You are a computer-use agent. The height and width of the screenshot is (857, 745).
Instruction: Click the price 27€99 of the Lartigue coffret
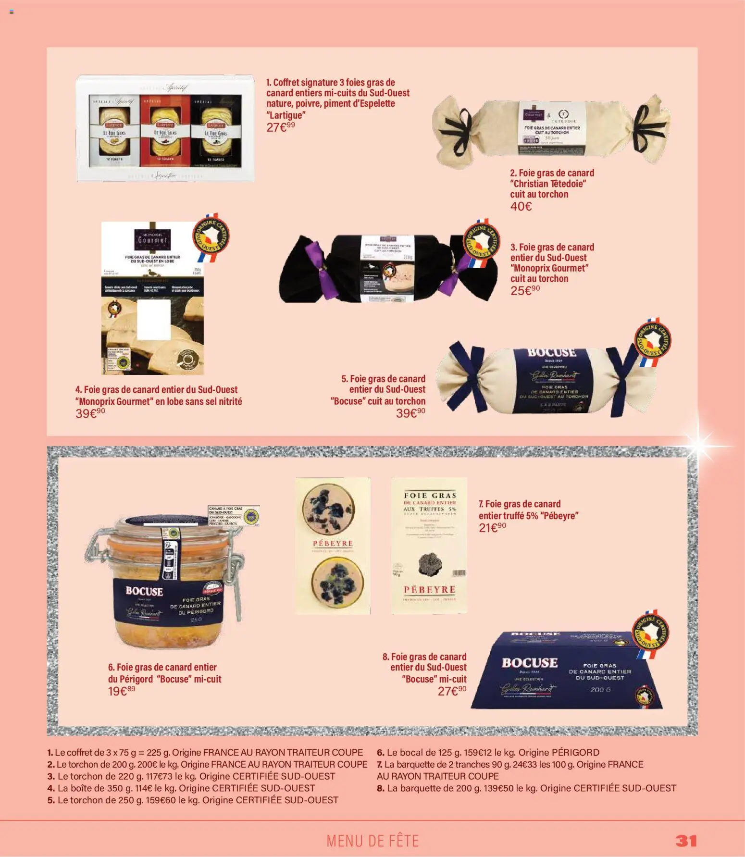pos(281,127)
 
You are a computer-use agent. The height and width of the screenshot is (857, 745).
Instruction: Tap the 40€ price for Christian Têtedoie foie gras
pos(521,207)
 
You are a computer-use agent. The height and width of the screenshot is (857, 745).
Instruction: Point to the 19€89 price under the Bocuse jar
pos(122,691)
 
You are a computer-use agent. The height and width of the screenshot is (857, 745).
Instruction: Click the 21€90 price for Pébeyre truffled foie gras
pos(492,528)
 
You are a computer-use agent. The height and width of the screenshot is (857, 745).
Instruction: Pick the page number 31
pos(686,841)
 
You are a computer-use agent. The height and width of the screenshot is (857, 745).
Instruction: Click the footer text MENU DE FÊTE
pos(372,841)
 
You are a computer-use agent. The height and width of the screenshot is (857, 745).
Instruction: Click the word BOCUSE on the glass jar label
pos(144,591)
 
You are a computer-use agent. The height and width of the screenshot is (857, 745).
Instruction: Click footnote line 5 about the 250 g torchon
pos(193,800)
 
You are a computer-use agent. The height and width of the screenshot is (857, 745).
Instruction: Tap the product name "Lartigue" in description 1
pos(286,115)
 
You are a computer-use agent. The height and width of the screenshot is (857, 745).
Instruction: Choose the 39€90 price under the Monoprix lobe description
pos(90,413)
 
